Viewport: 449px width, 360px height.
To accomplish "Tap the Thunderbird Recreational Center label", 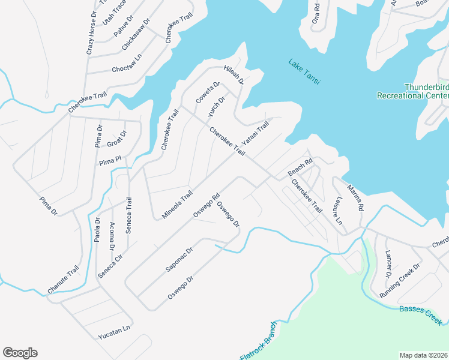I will [412, 91].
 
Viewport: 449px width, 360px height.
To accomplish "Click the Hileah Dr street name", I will [234, 74].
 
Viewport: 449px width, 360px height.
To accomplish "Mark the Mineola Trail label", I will [178, 205].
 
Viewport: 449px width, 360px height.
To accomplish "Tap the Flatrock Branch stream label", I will [258, 341].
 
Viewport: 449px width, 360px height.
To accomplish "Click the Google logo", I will [20, 353].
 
